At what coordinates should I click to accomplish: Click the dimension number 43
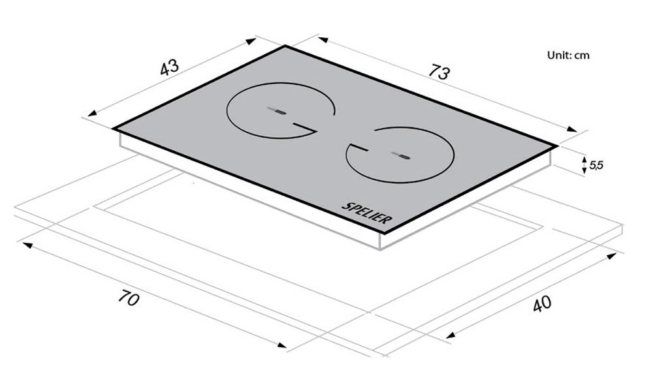click(169, 67)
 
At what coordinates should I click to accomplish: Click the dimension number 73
click(439, 72)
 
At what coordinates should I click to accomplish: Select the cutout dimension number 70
click(128, 298)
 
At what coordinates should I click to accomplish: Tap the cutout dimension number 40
click(542, 303)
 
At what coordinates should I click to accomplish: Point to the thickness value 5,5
click(596, 165)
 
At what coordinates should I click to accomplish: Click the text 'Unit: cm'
click(568, 55)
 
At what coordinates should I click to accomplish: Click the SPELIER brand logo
click(367, 213)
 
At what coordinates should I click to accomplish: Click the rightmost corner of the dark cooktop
click(557, 146)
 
